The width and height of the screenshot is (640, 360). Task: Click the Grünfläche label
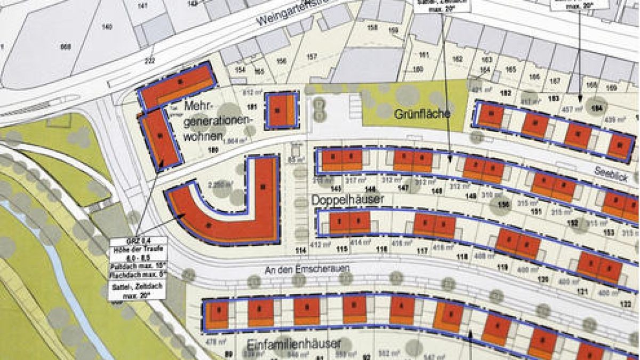[x=423, y=114]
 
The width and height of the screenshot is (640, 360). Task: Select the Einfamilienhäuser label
[x=294, y=344]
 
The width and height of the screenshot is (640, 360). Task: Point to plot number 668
[x=66, y=47]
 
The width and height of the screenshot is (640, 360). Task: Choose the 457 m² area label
[x=571, y=109]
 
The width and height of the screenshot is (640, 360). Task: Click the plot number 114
[x=301, y=250]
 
